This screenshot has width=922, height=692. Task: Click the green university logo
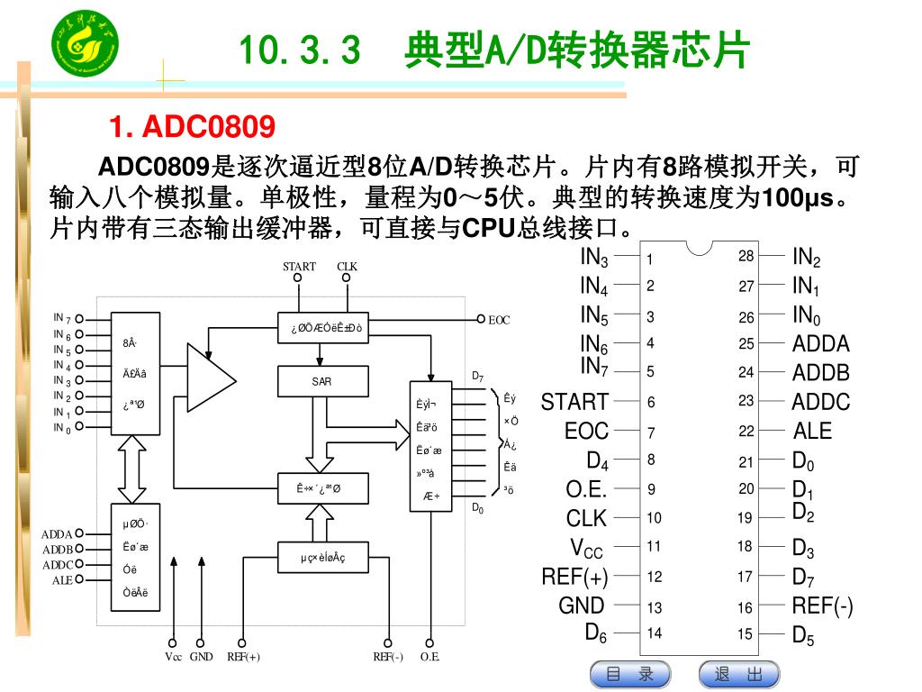click(84, 46)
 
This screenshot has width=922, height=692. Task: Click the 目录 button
click(630, 674)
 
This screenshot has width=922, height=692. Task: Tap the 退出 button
click(738, 674)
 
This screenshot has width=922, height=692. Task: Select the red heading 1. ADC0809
click(192, 127)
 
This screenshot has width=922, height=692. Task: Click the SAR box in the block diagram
click(321, 382)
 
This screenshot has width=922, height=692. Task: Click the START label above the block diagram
click(299, 266)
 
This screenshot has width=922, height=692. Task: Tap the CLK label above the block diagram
click(347, 266)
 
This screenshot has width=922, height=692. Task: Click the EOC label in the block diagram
click(499, 320)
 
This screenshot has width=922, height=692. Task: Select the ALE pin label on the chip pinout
click(812, 431)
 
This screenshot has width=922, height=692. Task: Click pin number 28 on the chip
click(746, 257)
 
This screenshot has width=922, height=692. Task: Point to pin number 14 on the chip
click(654, 633)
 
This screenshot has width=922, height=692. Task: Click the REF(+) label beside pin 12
click(574, 577)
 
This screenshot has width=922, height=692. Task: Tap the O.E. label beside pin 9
click(586, 489)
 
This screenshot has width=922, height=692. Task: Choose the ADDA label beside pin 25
click(820, 343)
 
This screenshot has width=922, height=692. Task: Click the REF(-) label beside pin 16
click(822, 605)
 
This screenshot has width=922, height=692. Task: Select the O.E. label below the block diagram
click(430, 657)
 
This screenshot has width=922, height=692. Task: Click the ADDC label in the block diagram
click(58, 565)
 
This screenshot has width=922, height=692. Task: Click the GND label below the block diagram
click(202, 657)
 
